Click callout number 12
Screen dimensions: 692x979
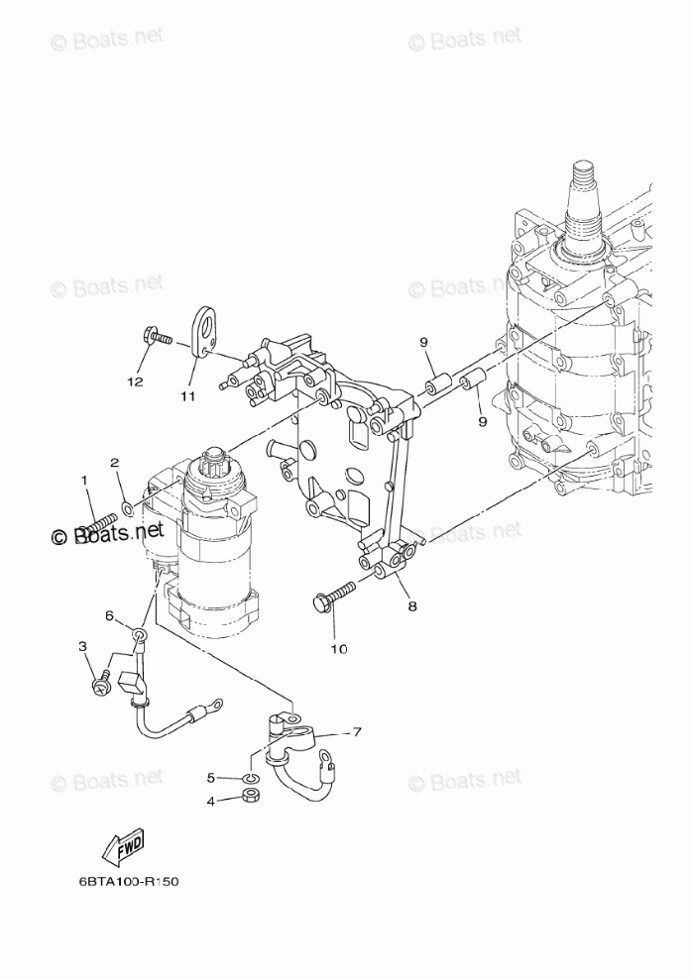tap(135, 381)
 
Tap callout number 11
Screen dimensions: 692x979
tap(187, 395)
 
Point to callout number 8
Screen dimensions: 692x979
tap(410, 606)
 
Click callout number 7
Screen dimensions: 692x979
tap(357, 732)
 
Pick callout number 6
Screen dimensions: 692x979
tap(110, 615)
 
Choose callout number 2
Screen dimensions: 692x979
tap(114, 462)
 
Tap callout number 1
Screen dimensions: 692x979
tap(84, 481)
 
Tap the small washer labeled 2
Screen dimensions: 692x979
tap(128, 509)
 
